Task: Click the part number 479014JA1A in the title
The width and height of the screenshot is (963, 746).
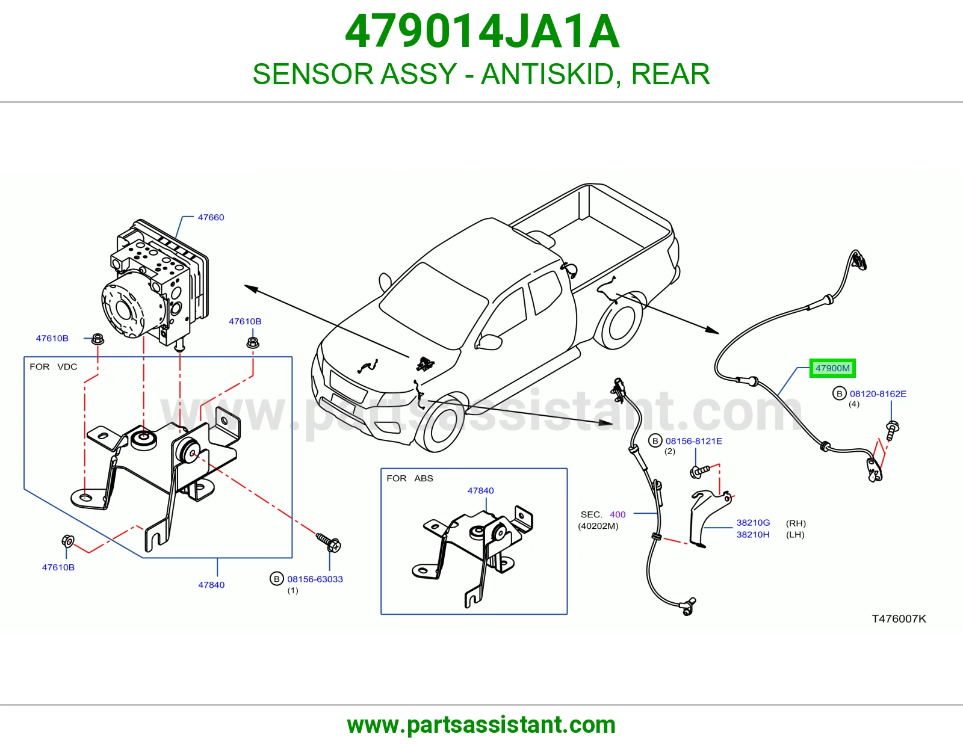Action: tap(482, 31)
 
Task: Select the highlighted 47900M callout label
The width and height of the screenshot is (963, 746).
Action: tap(832, 368)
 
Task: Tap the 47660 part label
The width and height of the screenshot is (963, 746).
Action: tap(211, 218)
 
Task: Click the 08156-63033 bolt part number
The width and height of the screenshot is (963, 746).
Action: tap(315, 579)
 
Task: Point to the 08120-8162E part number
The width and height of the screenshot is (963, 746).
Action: tap(878, 393)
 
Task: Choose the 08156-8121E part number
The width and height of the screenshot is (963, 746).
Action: tap(693, 441)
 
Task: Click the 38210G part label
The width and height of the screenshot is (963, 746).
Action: tap(753, 523)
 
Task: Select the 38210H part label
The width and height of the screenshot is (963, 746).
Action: tap(753, 534)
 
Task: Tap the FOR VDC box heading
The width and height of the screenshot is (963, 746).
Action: tap(53, 367)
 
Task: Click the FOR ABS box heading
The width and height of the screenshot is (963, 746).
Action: tap(409, 478)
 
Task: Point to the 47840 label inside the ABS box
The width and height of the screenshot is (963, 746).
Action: tap(480, 490)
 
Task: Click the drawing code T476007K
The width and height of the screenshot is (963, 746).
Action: tap(899, 619)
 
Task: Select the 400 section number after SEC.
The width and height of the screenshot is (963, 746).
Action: tap(618, 514)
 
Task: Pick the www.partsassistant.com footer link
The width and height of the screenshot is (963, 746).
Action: tap(482, 725)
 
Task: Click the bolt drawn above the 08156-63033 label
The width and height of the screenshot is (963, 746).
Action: tap(329, 542)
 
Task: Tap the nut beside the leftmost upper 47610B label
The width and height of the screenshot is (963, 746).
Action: tap(98, 339)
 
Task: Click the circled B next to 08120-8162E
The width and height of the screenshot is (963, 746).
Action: tap(839, 393)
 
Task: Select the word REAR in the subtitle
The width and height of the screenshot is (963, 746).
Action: tap(670, 74)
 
